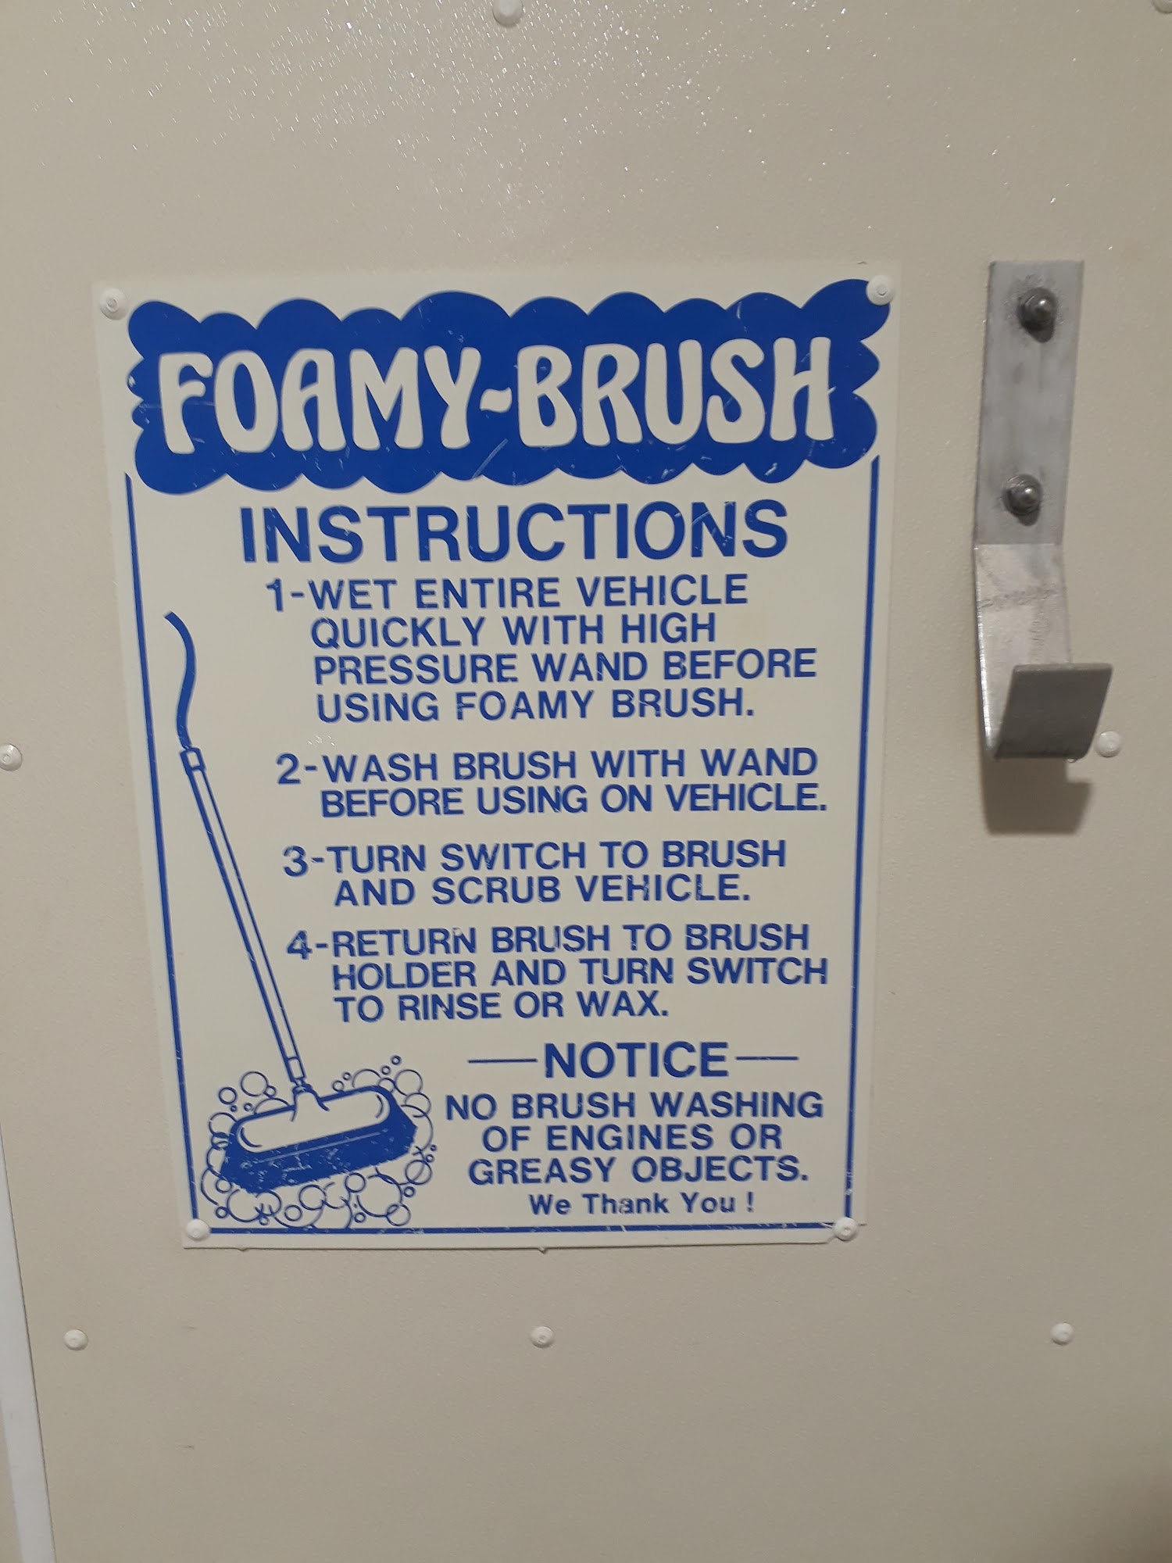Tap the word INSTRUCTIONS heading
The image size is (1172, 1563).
click(513, 529)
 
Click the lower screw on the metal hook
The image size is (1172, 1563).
click(1024, 495)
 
